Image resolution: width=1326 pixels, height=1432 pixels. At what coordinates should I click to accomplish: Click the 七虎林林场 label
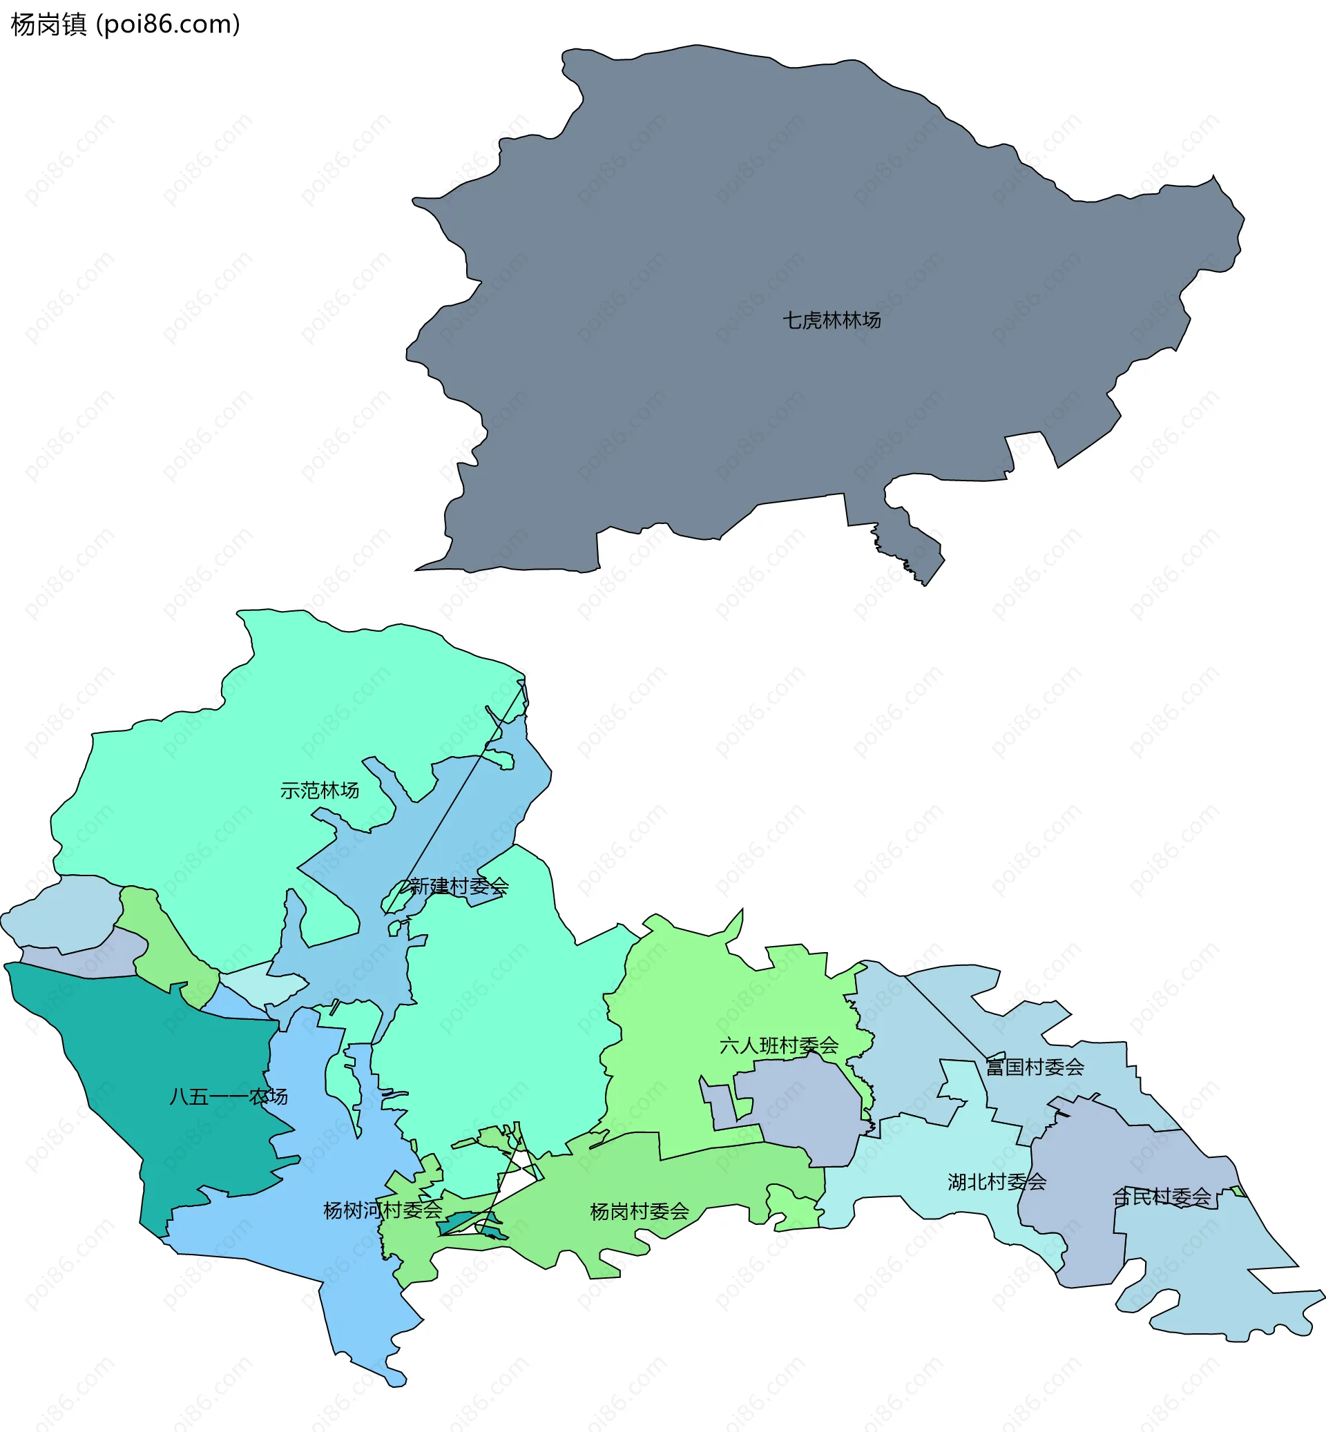[831, 320]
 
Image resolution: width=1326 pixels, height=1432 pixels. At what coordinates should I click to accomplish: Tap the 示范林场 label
[319, 791]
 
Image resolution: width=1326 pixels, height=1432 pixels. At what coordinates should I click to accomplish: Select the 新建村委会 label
[459, 887]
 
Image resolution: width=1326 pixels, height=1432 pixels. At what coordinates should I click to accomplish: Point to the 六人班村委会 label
[778, 1045]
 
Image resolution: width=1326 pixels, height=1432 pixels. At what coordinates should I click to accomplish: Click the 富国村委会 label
[1034, 1067]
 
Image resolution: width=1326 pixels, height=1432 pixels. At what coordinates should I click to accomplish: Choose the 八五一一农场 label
[228, 1096]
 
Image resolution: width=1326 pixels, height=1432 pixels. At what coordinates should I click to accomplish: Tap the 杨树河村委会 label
[383, 1210]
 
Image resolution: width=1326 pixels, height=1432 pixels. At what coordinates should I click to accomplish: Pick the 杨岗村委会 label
[639, 1212]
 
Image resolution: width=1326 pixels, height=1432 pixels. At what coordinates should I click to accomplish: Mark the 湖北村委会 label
[997, 1181]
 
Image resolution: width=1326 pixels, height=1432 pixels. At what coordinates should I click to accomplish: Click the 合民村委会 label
[1161, 1197]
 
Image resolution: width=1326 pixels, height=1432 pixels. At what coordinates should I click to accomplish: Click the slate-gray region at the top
[718, 251]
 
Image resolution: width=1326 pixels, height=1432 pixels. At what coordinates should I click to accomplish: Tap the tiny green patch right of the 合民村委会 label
[1238, 1192]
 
